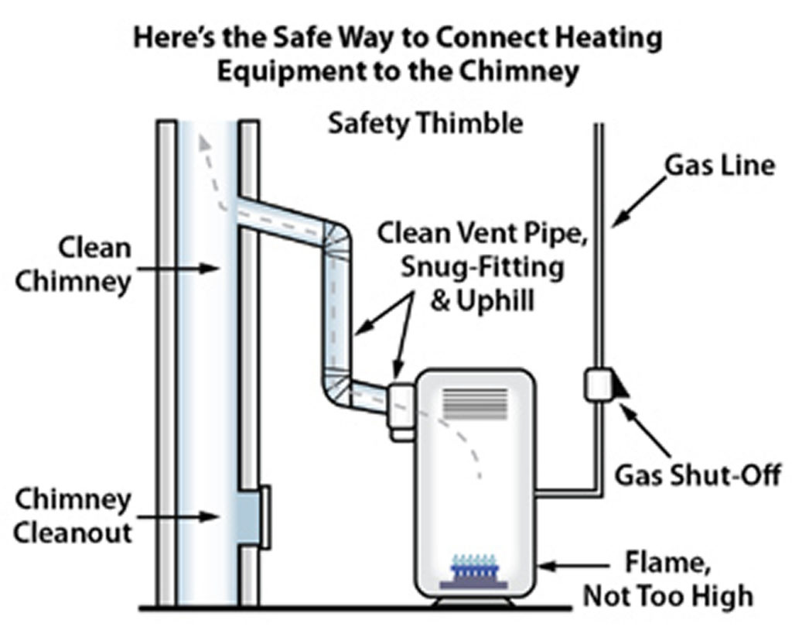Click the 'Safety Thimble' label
click(x=425, y=124)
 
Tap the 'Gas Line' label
click(x=719, y=165)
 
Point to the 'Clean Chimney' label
click(x=73, y=265)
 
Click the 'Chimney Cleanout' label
click(x=73, y=516)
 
